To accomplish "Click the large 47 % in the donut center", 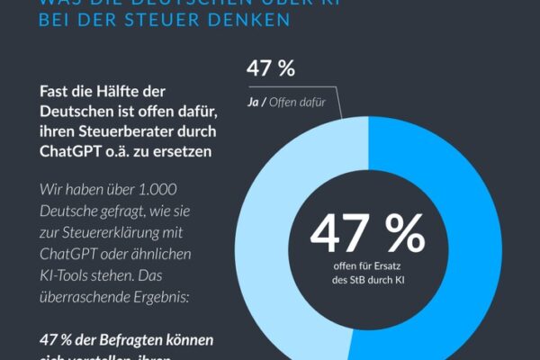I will (x=366, y=234).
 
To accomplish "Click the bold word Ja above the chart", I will (x=255, y=103).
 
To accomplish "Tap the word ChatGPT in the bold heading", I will (x=74, y=152).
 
